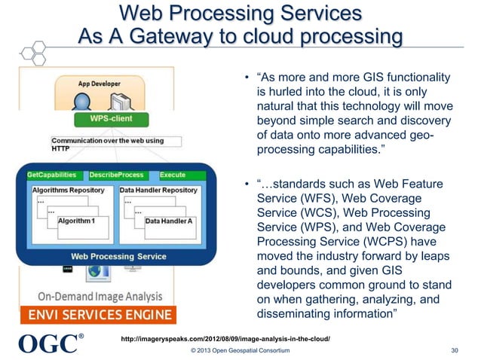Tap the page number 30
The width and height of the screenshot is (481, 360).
(x=454, y=349)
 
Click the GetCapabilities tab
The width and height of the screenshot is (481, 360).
(x=52, y=175)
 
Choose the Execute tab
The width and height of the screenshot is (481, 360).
(x=173, y=175)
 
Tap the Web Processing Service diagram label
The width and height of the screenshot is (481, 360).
(x=119, y=256)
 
